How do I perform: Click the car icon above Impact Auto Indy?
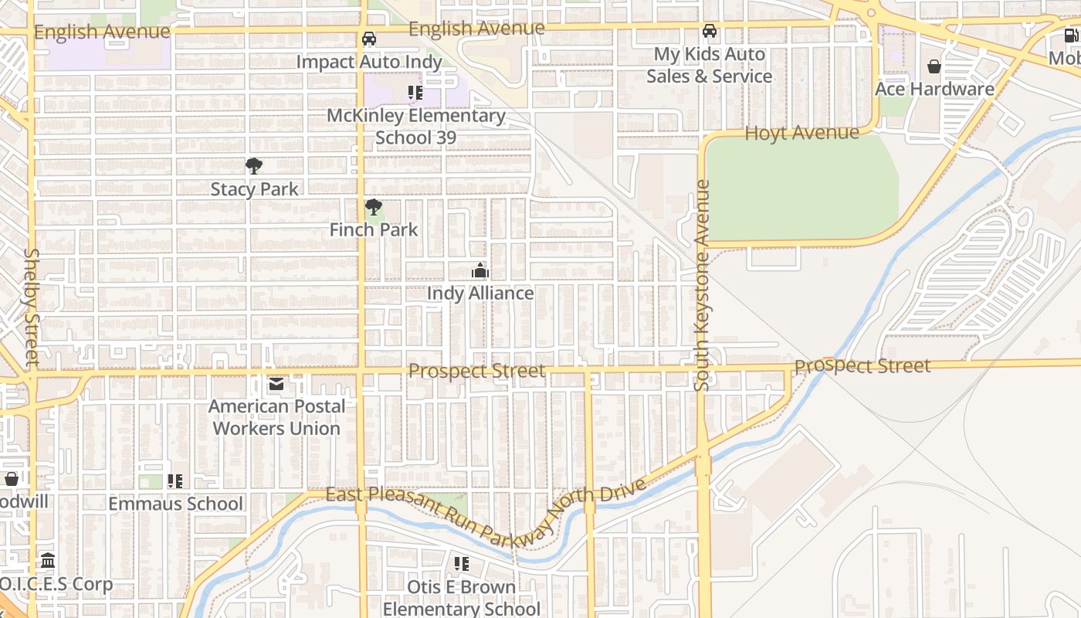[x=369, y=39]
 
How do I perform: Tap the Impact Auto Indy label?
[x=369, y=62]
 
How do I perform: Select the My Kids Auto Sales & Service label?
[x=709, y=65]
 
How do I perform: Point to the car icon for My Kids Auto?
[x=709, y=32]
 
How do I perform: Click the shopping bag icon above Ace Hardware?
[x=934, y=66]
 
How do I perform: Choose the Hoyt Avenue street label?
[x=801, y=133]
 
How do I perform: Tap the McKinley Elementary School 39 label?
[x=415, y=127]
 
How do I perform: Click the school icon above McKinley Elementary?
[x=415, y=93]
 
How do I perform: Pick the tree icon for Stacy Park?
[x=253, y=166]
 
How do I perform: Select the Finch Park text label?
[x=374, y=229]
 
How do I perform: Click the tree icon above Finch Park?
[x=374, y=207]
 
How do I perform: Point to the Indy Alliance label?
[x=480, y=294]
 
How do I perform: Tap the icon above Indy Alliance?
[x=480, y=270]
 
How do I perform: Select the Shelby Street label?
[x=32, y=307]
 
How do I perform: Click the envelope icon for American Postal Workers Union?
[x=276, y=384]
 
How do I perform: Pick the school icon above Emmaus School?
[x=175, y=481]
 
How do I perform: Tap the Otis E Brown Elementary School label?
[x=462, y=598]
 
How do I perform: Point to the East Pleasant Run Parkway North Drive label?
[x=485, y=514]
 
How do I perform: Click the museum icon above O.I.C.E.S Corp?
[x=48, y=560]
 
